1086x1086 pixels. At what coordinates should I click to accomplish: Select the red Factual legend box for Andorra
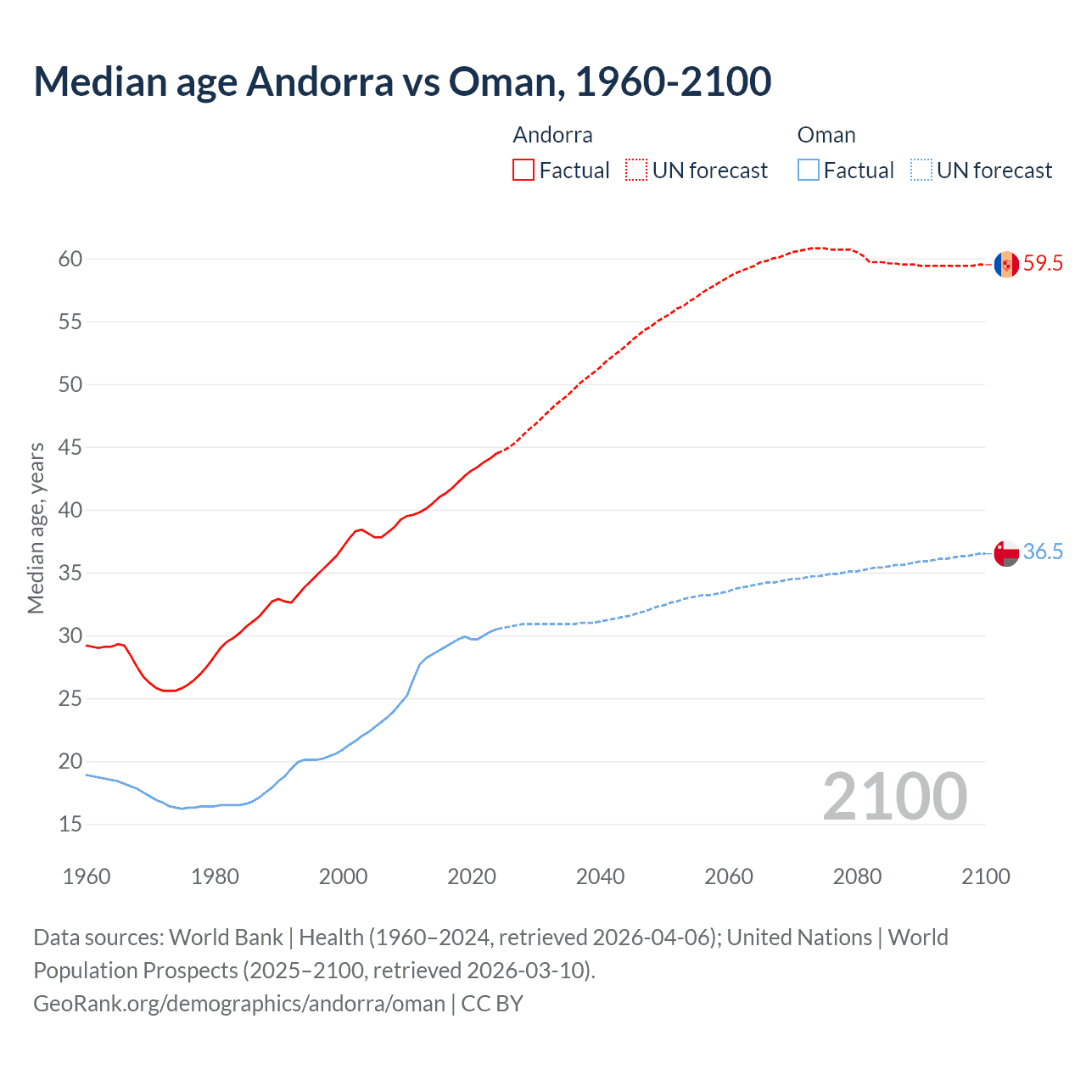(x=523, y=170)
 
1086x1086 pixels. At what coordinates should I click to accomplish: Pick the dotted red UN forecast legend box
(x=636, y=170)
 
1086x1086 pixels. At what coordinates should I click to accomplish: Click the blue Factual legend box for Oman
(x=809, y=170)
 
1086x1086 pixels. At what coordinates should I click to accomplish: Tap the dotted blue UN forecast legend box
(x=921, y=170)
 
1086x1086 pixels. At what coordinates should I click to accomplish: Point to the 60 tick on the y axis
(x=70, y=259)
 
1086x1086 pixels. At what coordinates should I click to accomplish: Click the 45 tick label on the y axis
(x=70, y=447)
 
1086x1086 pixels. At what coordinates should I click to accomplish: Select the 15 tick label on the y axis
(x=70, y=824)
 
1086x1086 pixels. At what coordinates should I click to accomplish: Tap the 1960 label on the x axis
(x=87, y=876)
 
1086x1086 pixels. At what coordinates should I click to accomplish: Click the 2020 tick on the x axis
(x=472, y=876)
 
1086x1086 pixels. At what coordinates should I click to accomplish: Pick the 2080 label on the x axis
(x=857, y=876)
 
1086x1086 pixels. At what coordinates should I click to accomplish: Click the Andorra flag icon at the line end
(x=1006, y=264)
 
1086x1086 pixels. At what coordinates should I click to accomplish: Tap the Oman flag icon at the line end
(x=1006, y=552)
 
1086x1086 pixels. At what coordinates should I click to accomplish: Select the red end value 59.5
(x=1043, y=264)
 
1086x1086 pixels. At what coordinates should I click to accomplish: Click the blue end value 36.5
(x=1043, y=552)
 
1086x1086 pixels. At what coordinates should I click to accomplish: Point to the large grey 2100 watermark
(x=895, y=796)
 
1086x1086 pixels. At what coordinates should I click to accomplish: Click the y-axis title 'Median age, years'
(x=36, y=528)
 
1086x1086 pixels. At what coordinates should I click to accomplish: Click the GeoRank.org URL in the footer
(x=239, y=1004)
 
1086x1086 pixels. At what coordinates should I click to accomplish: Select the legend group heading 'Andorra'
(x=552, y=135)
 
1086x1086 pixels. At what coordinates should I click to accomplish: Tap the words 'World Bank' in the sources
(x=226, y=938)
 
